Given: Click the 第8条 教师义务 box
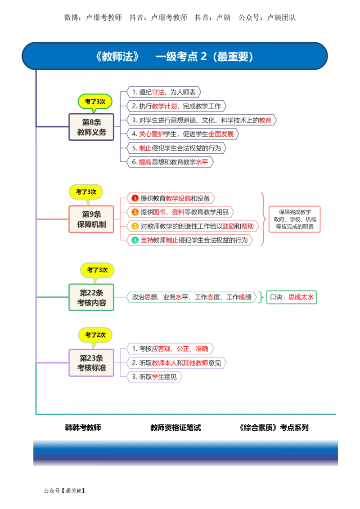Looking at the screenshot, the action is pyautogui.click(x=91, y=127).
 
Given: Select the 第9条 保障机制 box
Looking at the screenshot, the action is pyautogui.click(x=91, y=219).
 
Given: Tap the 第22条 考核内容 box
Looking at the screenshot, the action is pyautogui.click(x=91, y=297).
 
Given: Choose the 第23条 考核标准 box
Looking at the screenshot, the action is pyautogui.click(x=91, y=362).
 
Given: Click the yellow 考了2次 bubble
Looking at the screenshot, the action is pyautogui.click(x=95, y=335).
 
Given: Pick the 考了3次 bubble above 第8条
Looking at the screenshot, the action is pyautogui.click(x=95, y=102).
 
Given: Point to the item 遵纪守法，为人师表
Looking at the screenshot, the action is pyautogui.click(x=164, y=92).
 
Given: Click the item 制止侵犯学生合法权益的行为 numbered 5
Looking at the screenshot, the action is pyautogui.click(x=176, y=148).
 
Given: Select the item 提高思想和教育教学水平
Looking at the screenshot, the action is pyautogui.click(x=170, y=162).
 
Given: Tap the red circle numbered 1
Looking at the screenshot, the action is pyautogui.click(x=135, y=198).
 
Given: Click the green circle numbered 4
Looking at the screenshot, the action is pyautogui.click(x=135, y=240).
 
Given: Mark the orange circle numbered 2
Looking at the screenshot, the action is pyautogui.click(x=135, y=212).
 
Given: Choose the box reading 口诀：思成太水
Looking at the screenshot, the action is pyautogui.click(x=292, y=297).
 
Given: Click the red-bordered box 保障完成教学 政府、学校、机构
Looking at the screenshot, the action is pyautogui.click(x=295, y=219).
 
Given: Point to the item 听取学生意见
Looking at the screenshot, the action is pyautogui.click(x=154, y=377).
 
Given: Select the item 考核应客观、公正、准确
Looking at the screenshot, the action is pyautogui.click(x=170, y=349).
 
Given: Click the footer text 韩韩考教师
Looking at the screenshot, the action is pyautogui.click(x=83, y=428).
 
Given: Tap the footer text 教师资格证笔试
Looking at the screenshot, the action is pyautogui.click(x=176, y=428).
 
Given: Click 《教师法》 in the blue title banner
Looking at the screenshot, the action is pyautogui.click(x=117, y=57).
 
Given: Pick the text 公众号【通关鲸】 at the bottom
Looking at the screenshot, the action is pyautogui.click(x=64, y=491).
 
